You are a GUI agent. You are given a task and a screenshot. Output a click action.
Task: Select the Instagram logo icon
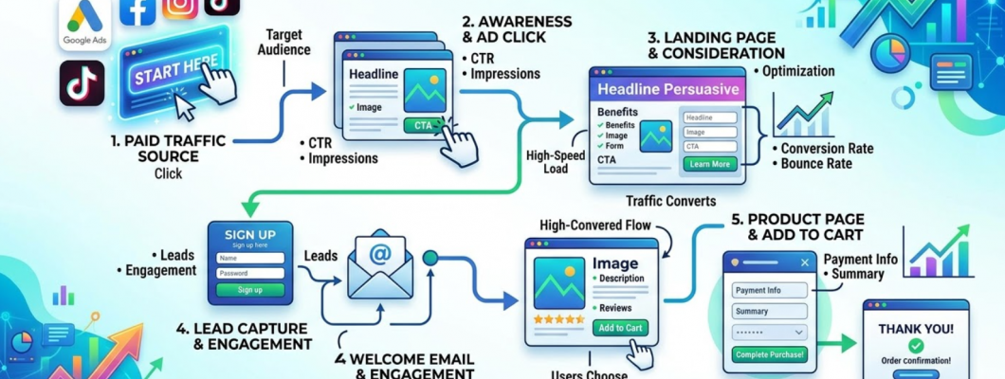(180, 8)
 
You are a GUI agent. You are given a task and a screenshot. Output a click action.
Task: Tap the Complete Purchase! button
(769, 355)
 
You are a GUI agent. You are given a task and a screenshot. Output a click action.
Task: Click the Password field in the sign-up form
(250, 273)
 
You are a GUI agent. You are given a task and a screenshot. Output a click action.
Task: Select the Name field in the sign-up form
(250, 257)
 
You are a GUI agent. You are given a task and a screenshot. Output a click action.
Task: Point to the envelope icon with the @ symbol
(379, 266)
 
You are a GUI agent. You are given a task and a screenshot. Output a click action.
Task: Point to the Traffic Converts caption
(671, 201)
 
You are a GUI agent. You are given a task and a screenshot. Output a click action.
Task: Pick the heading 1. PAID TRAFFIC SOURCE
(168, 149)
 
